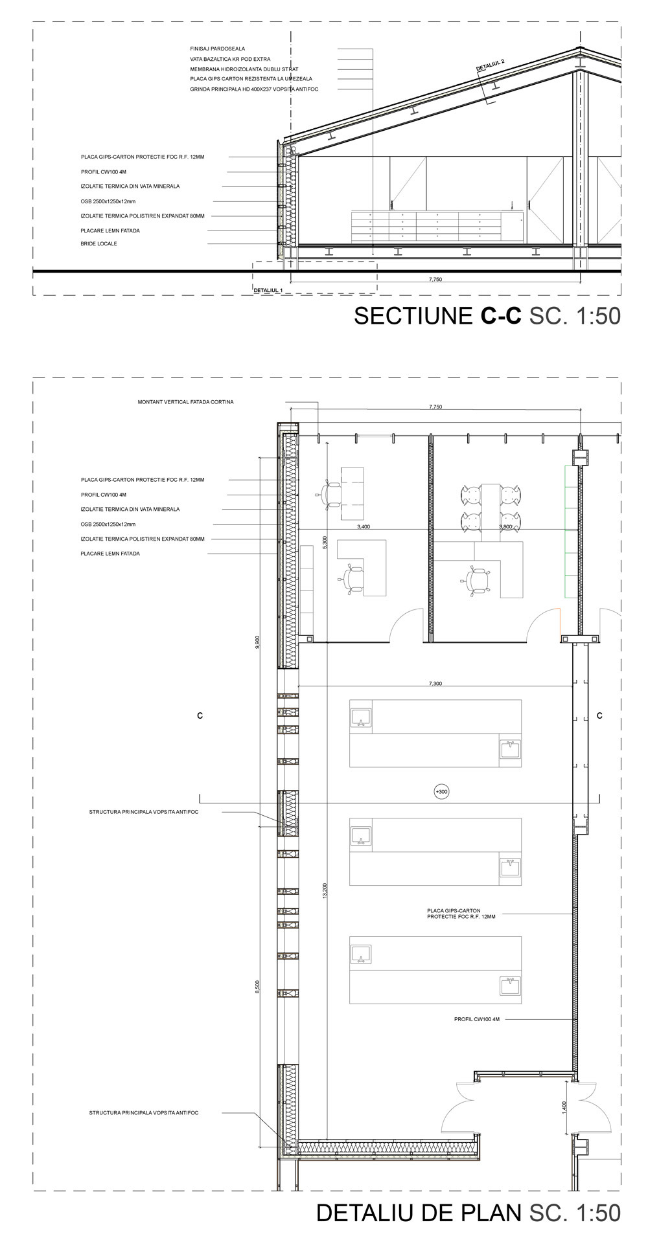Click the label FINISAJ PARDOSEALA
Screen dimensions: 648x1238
pyautogui.click(x=218, y=49)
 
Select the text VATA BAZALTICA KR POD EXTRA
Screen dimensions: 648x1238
pyautogui.click(x=230, y=59)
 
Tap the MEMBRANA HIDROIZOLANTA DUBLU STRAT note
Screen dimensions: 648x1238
pyautogui.click(x=244, y=69)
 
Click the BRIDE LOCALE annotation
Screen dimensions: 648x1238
pyautogui.click(x=99, y=244)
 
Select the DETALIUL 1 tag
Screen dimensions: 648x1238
pyautogui.click(x=269, y=291)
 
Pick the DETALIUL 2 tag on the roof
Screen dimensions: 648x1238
pyautogui.click(x=490, y=64)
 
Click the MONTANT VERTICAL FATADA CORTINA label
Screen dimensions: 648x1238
pyautogui.click(x=186, y=402)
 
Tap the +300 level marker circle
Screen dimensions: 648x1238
pyautogui.click(x=442, y=791)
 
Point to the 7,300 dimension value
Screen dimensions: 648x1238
pyautogui.click(x=435, y=684)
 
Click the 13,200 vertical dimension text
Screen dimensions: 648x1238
pyautogui.click(x=325, y=890)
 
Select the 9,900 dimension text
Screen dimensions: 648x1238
pyautogui.click(x=257, y=642)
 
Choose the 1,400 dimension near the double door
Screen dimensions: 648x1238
pyautogui.click(x=564, y=1108)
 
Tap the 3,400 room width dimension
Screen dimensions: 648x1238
pyautogui.click(x=364, y=527)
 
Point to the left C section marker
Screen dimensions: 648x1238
pyautogui.click(x=200, y=715)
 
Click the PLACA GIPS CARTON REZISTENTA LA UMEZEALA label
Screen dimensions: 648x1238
pyautogui.click(x=251, y=79)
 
